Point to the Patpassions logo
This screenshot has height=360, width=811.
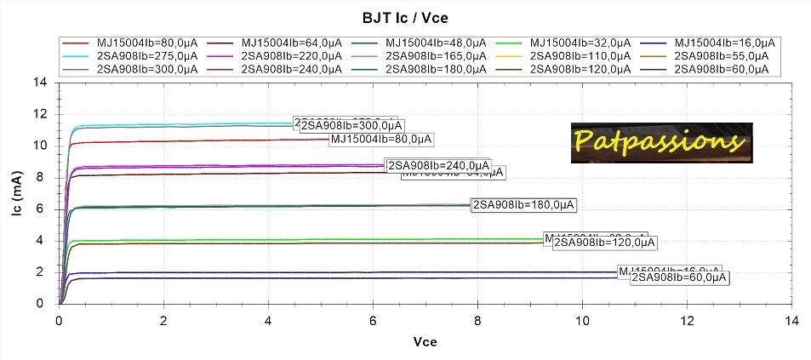661,141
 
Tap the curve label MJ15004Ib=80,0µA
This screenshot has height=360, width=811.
381,139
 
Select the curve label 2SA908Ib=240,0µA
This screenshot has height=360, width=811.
438,165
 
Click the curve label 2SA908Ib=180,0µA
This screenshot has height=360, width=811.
524,204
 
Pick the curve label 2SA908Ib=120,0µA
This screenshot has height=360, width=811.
604,243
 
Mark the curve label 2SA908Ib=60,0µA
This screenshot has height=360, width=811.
680,277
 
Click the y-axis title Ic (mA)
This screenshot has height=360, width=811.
18,192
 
